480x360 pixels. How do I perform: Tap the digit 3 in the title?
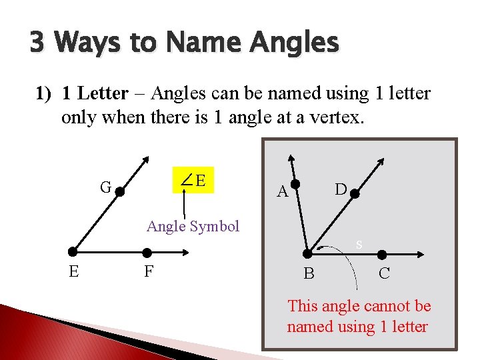tap(38, 43)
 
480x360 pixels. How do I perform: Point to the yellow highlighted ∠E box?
tap(193, 179)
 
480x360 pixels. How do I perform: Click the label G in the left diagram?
tap(105, 187)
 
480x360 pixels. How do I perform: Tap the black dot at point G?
tap(121, 191)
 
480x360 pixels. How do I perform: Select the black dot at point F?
tap(147, 252)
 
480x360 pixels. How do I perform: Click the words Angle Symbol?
tap(193, 226)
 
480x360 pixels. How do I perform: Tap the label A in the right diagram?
tap(282, 193)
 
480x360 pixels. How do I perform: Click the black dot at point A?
tap(296, 185)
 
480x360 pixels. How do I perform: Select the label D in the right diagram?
tap(340, 189)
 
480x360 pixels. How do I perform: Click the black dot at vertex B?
tap(307, 253)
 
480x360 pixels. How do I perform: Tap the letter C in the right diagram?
tap(384, 273)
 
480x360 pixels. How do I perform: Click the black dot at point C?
tap(383, 254)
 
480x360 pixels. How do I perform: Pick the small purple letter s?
tap(359, 245)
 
